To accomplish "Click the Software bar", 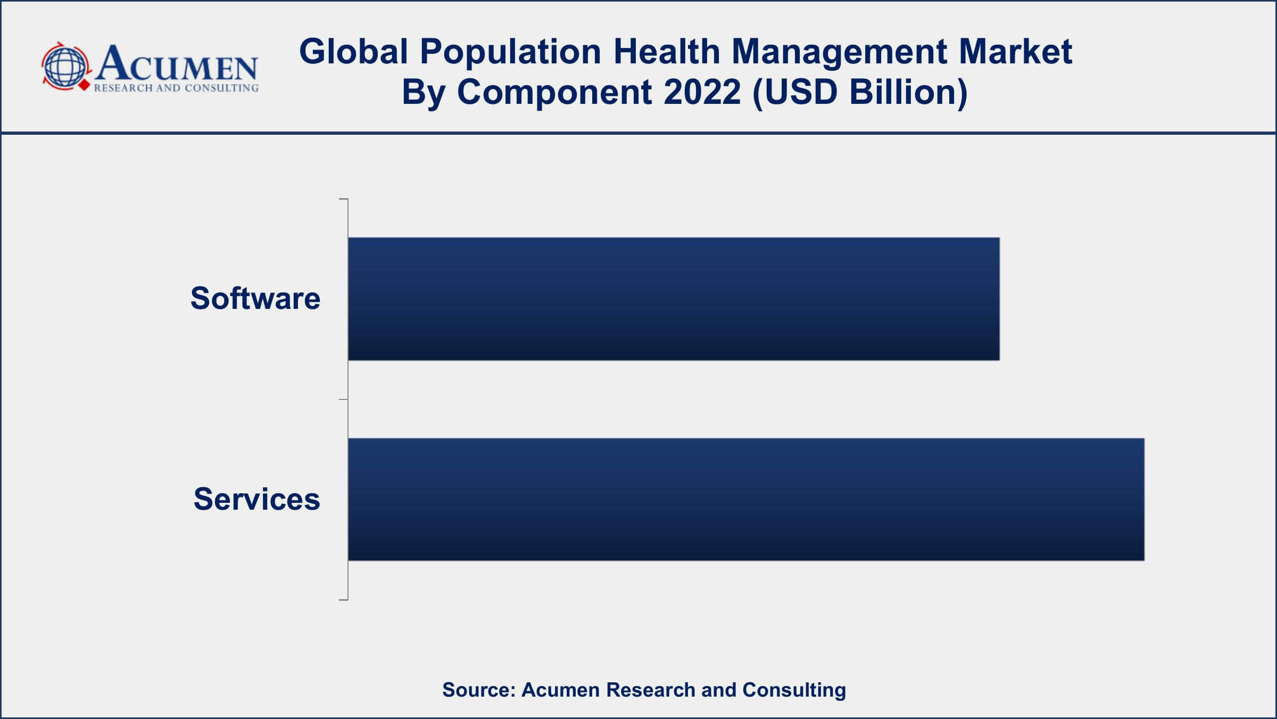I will coord(674,299).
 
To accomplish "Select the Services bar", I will coord(746,500).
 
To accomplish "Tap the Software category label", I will coord(255,298).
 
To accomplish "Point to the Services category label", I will coord(256,500).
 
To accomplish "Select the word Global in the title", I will coord(353,52).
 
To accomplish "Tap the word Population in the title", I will coord(510,52).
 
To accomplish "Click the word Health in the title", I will coord(666,52).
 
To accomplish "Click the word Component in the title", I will coord(554,92).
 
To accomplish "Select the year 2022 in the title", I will coord(702,92).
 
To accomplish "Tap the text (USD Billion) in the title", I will coord(860,92).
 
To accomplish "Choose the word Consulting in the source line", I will coord(794,690).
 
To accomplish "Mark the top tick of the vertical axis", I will coord(343,199).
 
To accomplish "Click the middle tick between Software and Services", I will coord(343,399).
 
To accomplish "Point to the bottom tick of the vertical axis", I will coord(343,600).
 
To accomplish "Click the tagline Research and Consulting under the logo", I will coord(176,88).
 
